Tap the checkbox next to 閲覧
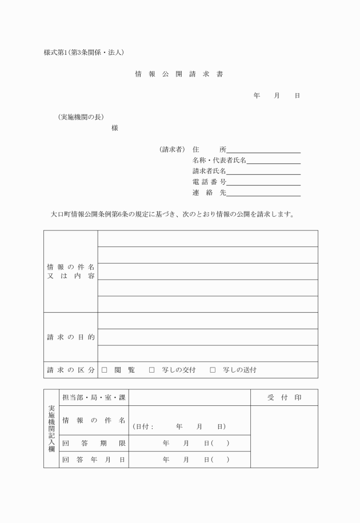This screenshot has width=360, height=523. click(x=105, y=370)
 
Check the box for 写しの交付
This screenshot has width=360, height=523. click(x=152, y=370)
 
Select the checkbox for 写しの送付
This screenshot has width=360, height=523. click(x=213, y=370)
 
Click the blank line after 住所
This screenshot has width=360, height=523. click(x=263, y=151)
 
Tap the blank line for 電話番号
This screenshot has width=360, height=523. click(x=263, y=183)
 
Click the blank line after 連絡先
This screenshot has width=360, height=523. click(x=263, y=194)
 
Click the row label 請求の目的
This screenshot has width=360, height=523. click(x=71, y=337)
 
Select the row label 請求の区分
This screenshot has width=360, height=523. click(x=71, y=370)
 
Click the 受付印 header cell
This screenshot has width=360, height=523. click(x=284, y=398)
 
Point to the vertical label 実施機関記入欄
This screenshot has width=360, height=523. click(x=51, y=428)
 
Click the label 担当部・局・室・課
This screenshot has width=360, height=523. click(x=94, y=398)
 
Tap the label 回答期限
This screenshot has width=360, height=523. click(x=94, y=443)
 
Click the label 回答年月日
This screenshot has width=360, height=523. click(x=94, y=459)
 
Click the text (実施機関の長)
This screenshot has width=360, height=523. click(x=81, y=117)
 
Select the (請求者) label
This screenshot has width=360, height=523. click(x=172, y=149)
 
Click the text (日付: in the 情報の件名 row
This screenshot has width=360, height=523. click(x=143, y=427)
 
